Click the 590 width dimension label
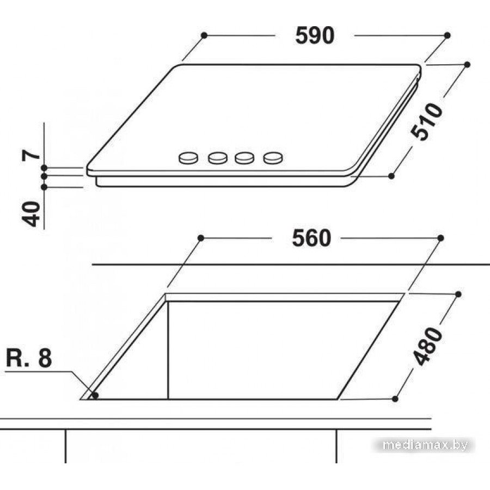point(314,35)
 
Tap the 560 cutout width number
point(311,238)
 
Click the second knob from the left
point(218,158)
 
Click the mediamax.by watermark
point(425,445)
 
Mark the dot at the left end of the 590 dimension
point(204,35)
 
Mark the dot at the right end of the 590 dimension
point(447,35)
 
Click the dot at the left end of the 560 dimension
point(200,238)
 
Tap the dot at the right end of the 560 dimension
point(440,238)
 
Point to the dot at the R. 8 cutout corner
point(95,395)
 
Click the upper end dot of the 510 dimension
point(467,64)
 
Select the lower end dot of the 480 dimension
point(394,399)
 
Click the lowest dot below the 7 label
point(44,187)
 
